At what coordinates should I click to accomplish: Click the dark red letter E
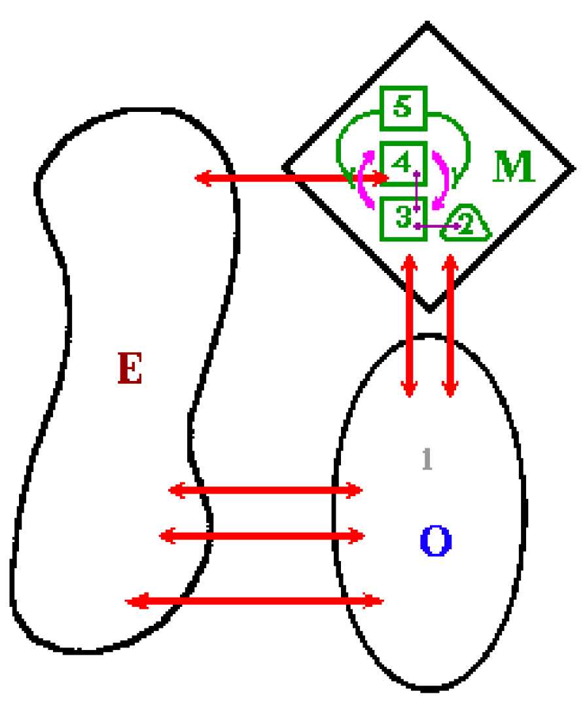click(x=130, y=368)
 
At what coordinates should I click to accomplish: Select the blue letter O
click(x=436, y=541)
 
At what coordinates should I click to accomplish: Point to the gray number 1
click(x=427, y=459)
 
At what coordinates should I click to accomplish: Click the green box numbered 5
click(x=404, y=108)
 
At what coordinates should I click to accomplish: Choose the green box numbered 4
click(x=404, y=163)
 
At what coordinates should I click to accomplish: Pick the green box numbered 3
click(x=404, y=219)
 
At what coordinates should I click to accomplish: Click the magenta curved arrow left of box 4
click(x=366, y=179)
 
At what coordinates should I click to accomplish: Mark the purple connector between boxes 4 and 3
click(x=417, y=190)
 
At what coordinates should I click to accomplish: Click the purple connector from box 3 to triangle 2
click(x=437, y=226)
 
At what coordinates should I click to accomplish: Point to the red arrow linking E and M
click(x=291, y=177)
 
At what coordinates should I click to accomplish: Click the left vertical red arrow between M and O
click(x=410, y=325)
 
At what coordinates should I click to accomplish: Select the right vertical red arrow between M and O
click(x=450, y=325)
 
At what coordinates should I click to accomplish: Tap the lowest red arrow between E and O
click(x=254, y=601)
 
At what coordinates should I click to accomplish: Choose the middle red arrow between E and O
click(x=262, y=535)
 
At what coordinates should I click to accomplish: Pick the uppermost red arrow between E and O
click(x=266, y=490)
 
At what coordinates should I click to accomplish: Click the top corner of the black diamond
click(x=427, y=24)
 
